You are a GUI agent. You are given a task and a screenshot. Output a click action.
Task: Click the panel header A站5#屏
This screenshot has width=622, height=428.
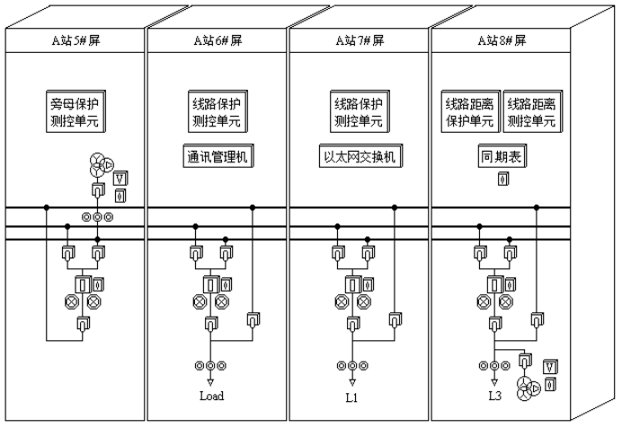[x=76, y=41]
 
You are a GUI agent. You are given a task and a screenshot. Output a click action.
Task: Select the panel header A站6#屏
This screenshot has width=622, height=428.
[x=218, y=41]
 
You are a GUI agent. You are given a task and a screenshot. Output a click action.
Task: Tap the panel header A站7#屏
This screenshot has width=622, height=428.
[x=360, y=41]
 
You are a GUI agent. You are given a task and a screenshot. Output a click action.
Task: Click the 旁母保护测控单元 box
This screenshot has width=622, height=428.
[x=75, y=112]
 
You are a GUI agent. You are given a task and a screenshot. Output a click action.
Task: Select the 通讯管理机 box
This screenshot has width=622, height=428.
[x=217, y=157]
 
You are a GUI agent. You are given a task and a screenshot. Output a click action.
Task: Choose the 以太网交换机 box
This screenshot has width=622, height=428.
[x=360, y=157]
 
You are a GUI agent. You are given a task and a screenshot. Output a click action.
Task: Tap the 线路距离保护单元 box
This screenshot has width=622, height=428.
[x=469, y=112]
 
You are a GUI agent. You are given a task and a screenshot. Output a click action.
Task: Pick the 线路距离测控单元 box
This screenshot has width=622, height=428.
[x=533, y=112]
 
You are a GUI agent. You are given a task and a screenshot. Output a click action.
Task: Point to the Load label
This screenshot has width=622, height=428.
[x=211, y=396]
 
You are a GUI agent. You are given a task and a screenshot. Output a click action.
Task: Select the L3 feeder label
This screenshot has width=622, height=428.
[x=494, y=396]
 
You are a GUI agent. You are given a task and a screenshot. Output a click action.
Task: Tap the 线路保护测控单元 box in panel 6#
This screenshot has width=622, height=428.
[x=217, y=112]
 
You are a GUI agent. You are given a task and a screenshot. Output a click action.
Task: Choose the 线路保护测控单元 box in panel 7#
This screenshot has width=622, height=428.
[x=360, y=112]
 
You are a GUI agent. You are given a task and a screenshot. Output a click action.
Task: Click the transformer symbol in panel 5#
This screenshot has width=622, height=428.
[x=100, y=166]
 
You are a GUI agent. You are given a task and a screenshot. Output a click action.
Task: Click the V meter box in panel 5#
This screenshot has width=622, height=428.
[x=120, y=179]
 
